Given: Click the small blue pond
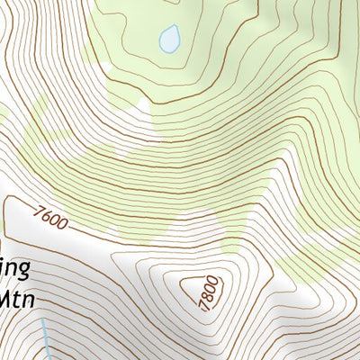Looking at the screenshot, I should coord(168,39).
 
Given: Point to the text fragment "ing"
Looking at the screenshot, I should coord(16,269).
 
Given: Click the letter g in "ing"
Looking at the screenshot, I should coord(25,271).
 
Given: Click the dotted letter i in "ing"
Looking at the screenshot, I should coord(3,268).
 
